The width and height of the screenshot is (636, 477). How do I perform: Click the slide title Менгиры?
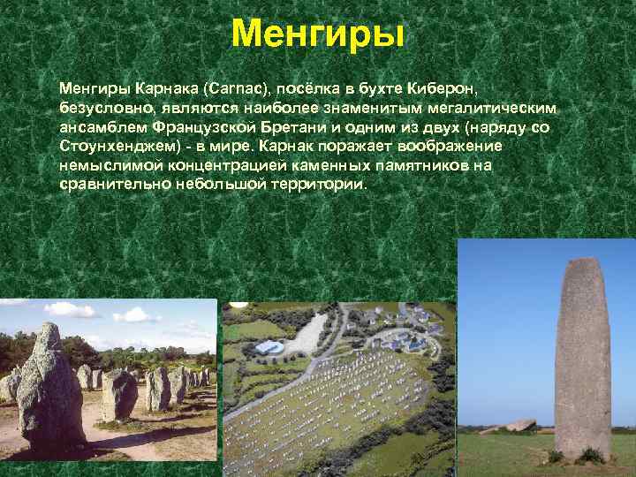[318, 34]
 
